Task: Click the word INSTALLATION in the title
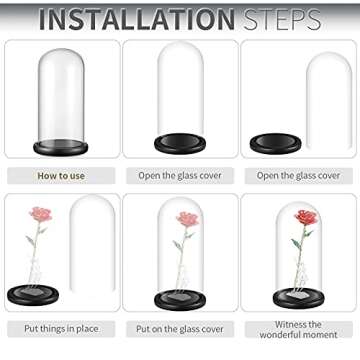click(137, 19)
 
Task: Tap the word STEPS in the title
click(282, 19)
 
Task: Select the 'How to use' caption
click(61, 176)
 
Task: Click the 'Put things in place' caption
click(61, 329)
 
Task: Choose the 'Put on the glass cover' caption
click(180, 329)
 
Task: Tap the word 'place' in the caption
click(86, 329)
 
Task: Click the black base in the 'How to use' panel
click(60, 147)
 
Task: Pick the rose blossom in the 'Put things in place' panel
click(41, 214)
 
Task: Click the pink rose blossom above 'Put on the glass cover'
click(188, 219)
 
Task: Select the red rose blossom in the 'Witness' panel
click(306, 217)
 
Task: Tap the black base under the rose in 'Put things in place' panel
click(33, 295)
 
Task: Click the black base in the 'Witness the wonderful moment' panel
click(299, 298)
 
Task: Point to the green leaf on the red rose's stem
click(296, 244)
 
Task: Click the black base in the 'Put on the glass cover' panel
click(180, 300)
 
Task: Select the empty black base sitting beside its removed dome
click(276, 143)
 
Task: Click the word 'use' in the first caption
click(77, 176)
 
